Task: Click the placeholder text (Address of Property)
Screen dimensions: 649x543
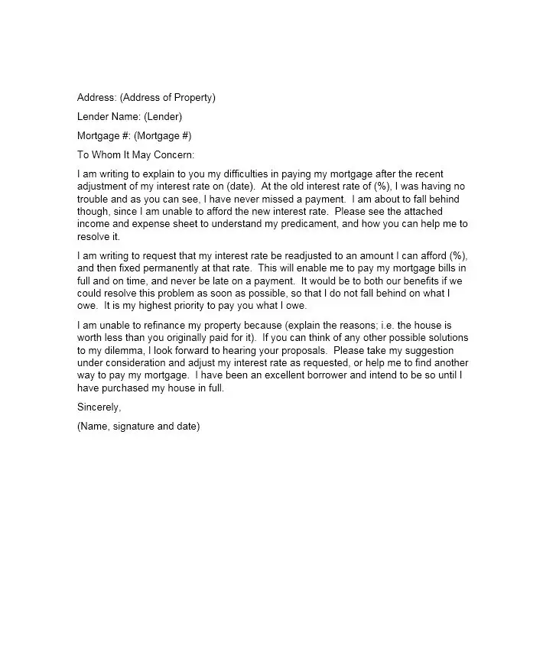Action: pos(167,98)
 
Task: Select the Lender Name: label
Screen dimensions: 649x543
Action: pos(109,117)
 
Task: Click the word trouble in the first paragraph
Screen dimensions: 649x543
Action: pos(93,200)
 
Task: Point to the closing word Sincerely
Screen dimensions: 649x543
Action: pos(99,407)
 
